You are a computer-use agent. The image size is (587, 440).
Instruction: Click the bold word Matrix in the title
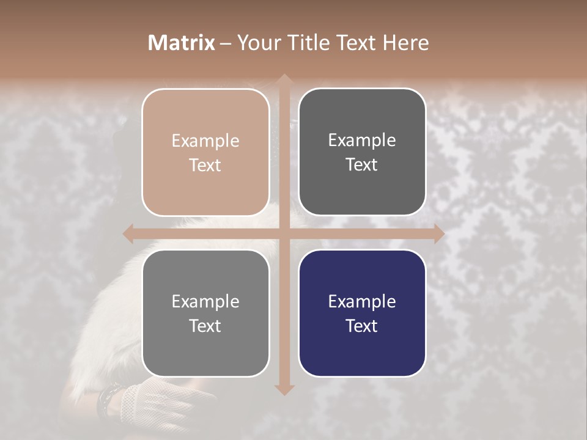click(x=182, y=43)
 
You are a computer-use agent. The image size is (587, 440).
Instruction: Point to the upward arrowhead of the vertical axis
click(x=283, y=79)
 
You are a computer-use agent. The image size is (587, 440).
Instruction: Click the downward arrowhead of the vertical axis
click(x=283, y=389)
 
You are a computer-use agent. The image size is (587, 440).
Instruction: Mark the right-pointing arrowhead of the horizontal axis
click(x=438, y=233)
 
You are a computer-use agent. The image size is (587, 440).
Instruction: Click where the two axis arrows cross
click(x=283, y=233)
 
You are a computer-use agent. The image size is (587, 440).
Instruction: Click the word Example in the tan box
click(x=205, y=141)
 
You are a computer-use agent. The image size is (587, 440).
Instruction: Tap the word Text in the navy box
click(x=362, y=326)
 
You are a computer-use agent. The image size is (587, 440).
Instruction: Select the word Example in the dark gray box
click(x=362, y=140)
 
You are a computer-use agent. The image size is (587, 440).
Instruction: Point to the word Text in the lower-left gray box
click(x=205, y=326)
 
